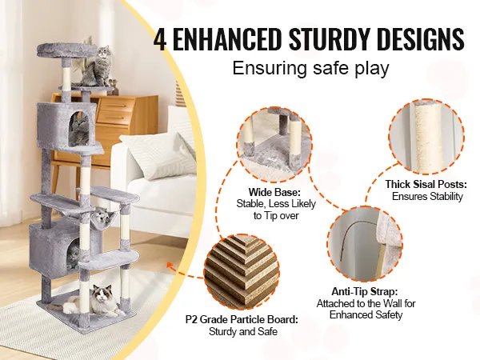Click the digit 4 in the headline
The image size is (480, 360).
[161, 39]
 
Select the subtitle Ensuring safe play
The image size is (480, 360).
[310, 68]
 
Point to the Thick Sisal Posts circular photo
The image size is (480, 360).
[427, 137]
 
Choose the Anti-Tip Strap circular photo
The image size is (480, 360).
[365, 242]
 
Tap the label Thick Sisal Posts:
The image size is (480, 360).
[426, 184]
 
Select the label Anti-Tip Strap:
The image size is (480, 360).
[365, 291]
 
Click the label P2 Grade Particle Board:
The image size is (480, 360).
[242, 319]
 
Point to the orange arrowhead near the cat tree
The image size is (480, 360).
[170, 266]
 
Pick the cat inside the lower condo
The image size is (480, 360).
[73, 256]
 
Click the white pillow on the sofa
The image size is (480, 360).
[159, 155]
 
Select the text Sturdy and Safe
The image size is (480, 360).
[242, 331]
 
